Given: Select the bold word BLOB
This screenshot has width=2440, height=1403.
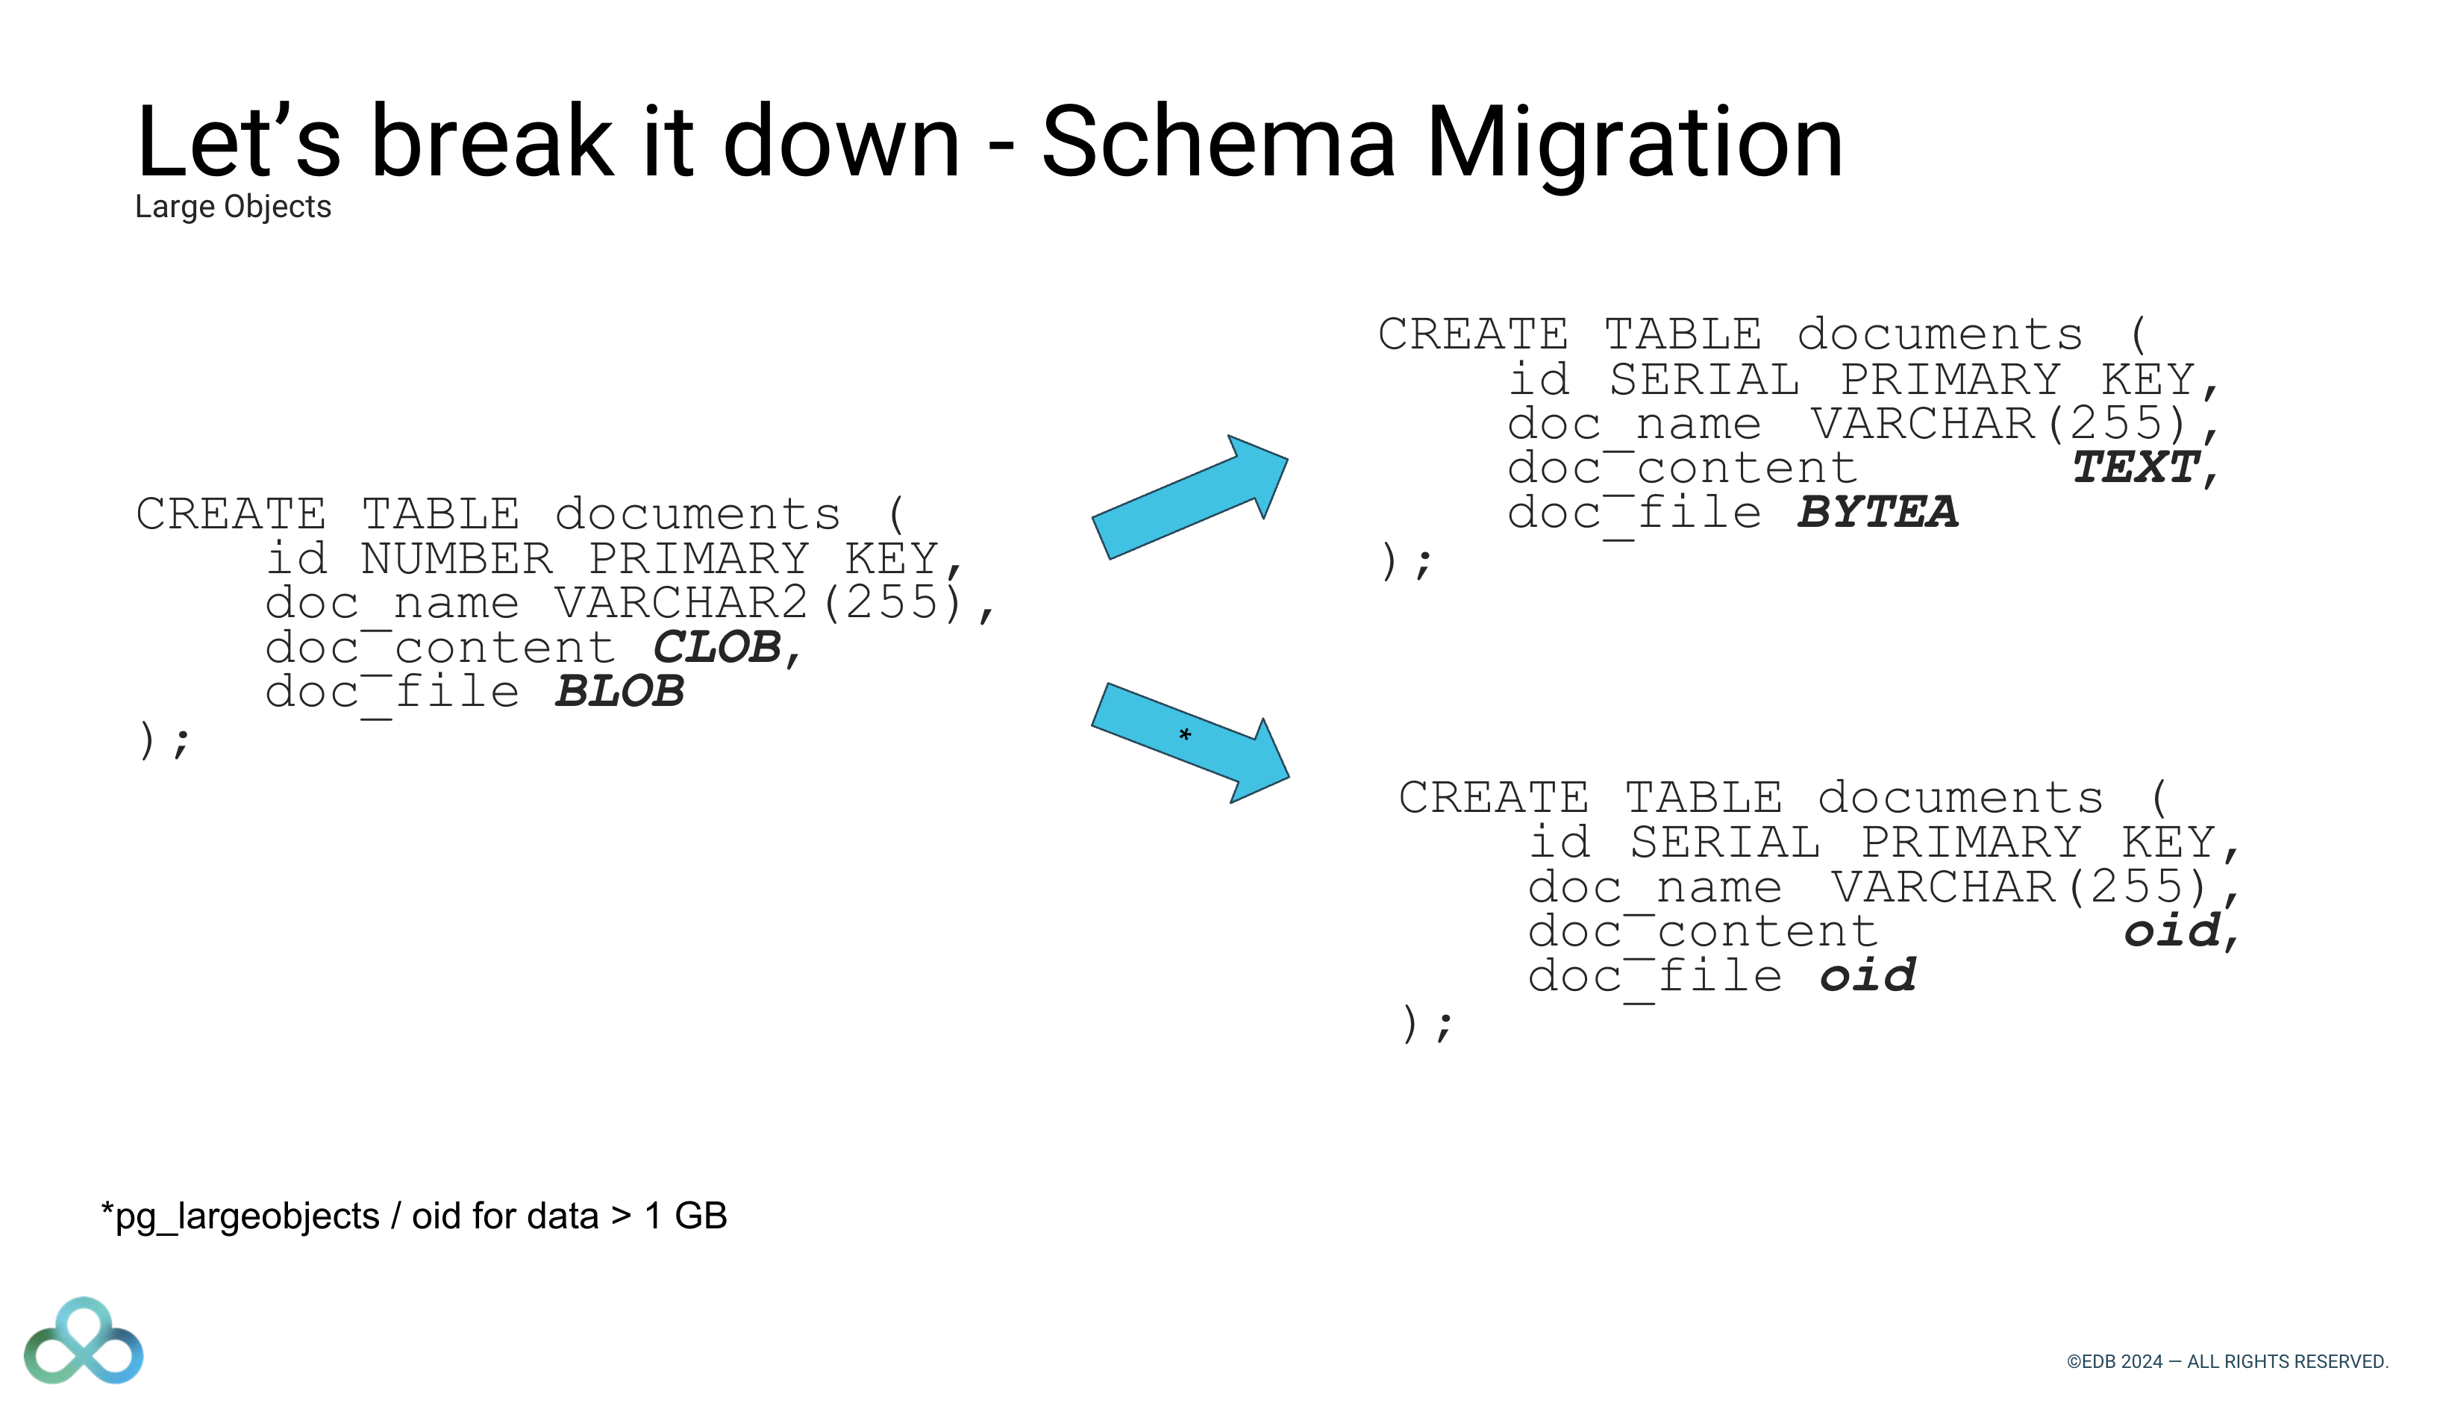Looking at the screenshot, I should click(619, 691).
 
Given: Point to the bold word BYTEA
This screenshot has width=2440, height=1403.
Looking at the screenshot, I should click(1877, 512).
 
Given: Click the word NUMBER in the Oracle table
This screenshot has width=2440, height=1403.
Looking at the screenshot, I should click(457, 558).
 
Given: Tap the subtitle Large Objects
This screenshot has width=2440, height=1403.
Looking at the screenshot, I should click(233, 206).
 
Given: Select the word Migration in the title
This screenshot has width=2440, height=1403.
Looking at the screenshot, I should click(1633, 143).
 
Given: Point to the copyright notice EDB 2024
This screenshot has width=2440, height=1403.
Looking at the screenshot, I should click(2227, 1361).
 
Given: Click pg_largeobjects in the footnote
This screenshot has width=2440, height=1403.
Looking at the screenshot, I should click(246, 1216).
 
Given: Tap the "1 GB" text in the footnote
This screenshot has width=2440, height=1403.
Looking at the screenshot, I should click(685, 1216).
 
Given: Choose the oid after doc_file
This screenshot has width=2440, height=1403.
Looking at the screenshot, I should click(1868, 975).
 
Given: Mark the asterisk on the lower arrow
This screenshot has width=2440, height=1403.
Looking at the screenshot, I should click(1185, 735).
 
